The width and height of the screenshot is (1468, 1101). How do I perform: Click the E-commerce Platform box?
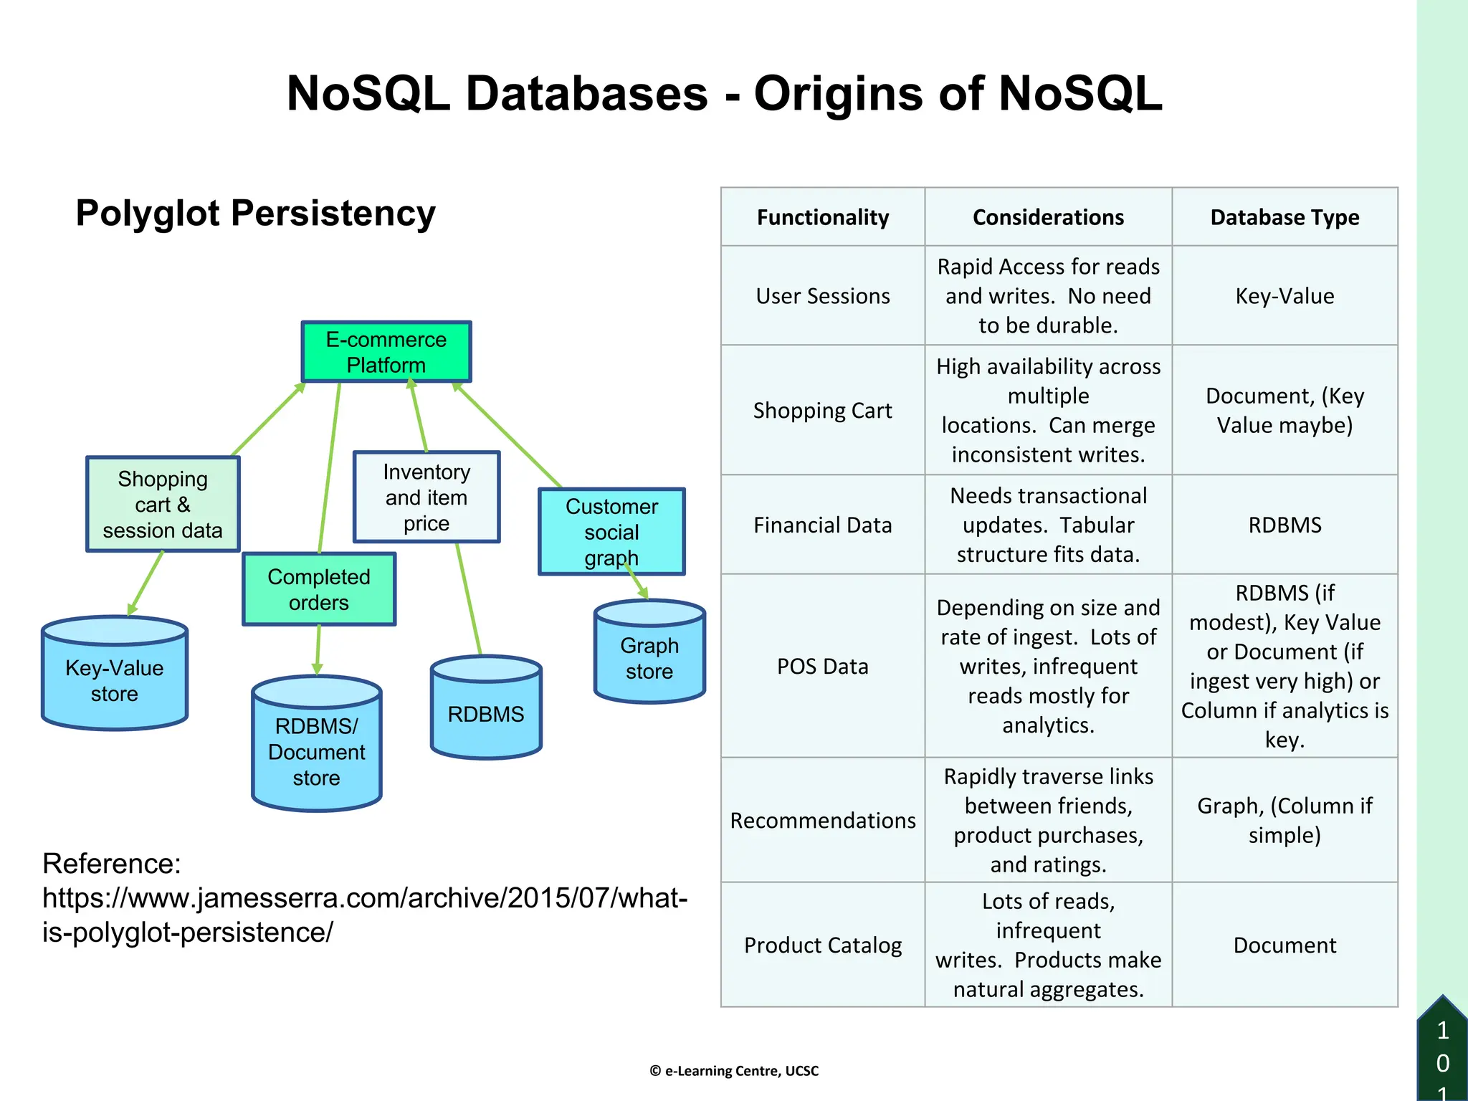[x=386, y=352]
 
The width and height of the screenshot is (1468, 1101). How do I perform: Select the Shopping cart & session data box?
[x=163, y=505]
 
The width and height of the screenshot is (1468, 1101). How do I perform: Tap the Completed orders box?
[x=319, y=589]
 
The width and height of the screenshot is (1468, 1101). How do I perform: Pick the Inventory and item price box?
[x=426, y=497]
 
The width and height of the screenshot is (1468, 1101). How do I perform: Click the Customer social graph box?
[x=611, y=532]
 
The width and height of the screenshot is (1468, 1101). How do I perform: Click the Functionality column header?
[x=823, y=217]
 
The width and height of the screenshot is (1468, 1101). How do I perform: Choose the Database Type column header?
[x=1284, y=217]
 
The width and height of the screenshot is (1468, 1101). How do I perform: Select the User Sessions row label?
[x=823, y=296]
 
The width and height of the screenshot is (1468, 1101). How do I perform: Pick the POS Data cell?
[x=823, y=667]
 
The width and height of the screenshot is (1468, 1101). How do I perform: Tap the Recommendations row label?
[x=823, y=821]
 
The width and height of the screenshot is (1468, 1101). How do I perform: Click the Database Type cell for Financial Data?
[x=1284, y=525]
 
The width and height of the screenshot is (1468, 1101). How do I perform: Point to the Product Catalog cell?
[x=823, y=945]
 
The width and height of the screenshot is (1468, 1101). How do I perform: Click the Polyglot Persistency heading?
[x=256, y=214]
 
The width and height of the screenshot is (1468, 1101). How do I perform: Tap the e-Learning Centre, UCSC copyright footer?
[x=734, y=1071]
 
